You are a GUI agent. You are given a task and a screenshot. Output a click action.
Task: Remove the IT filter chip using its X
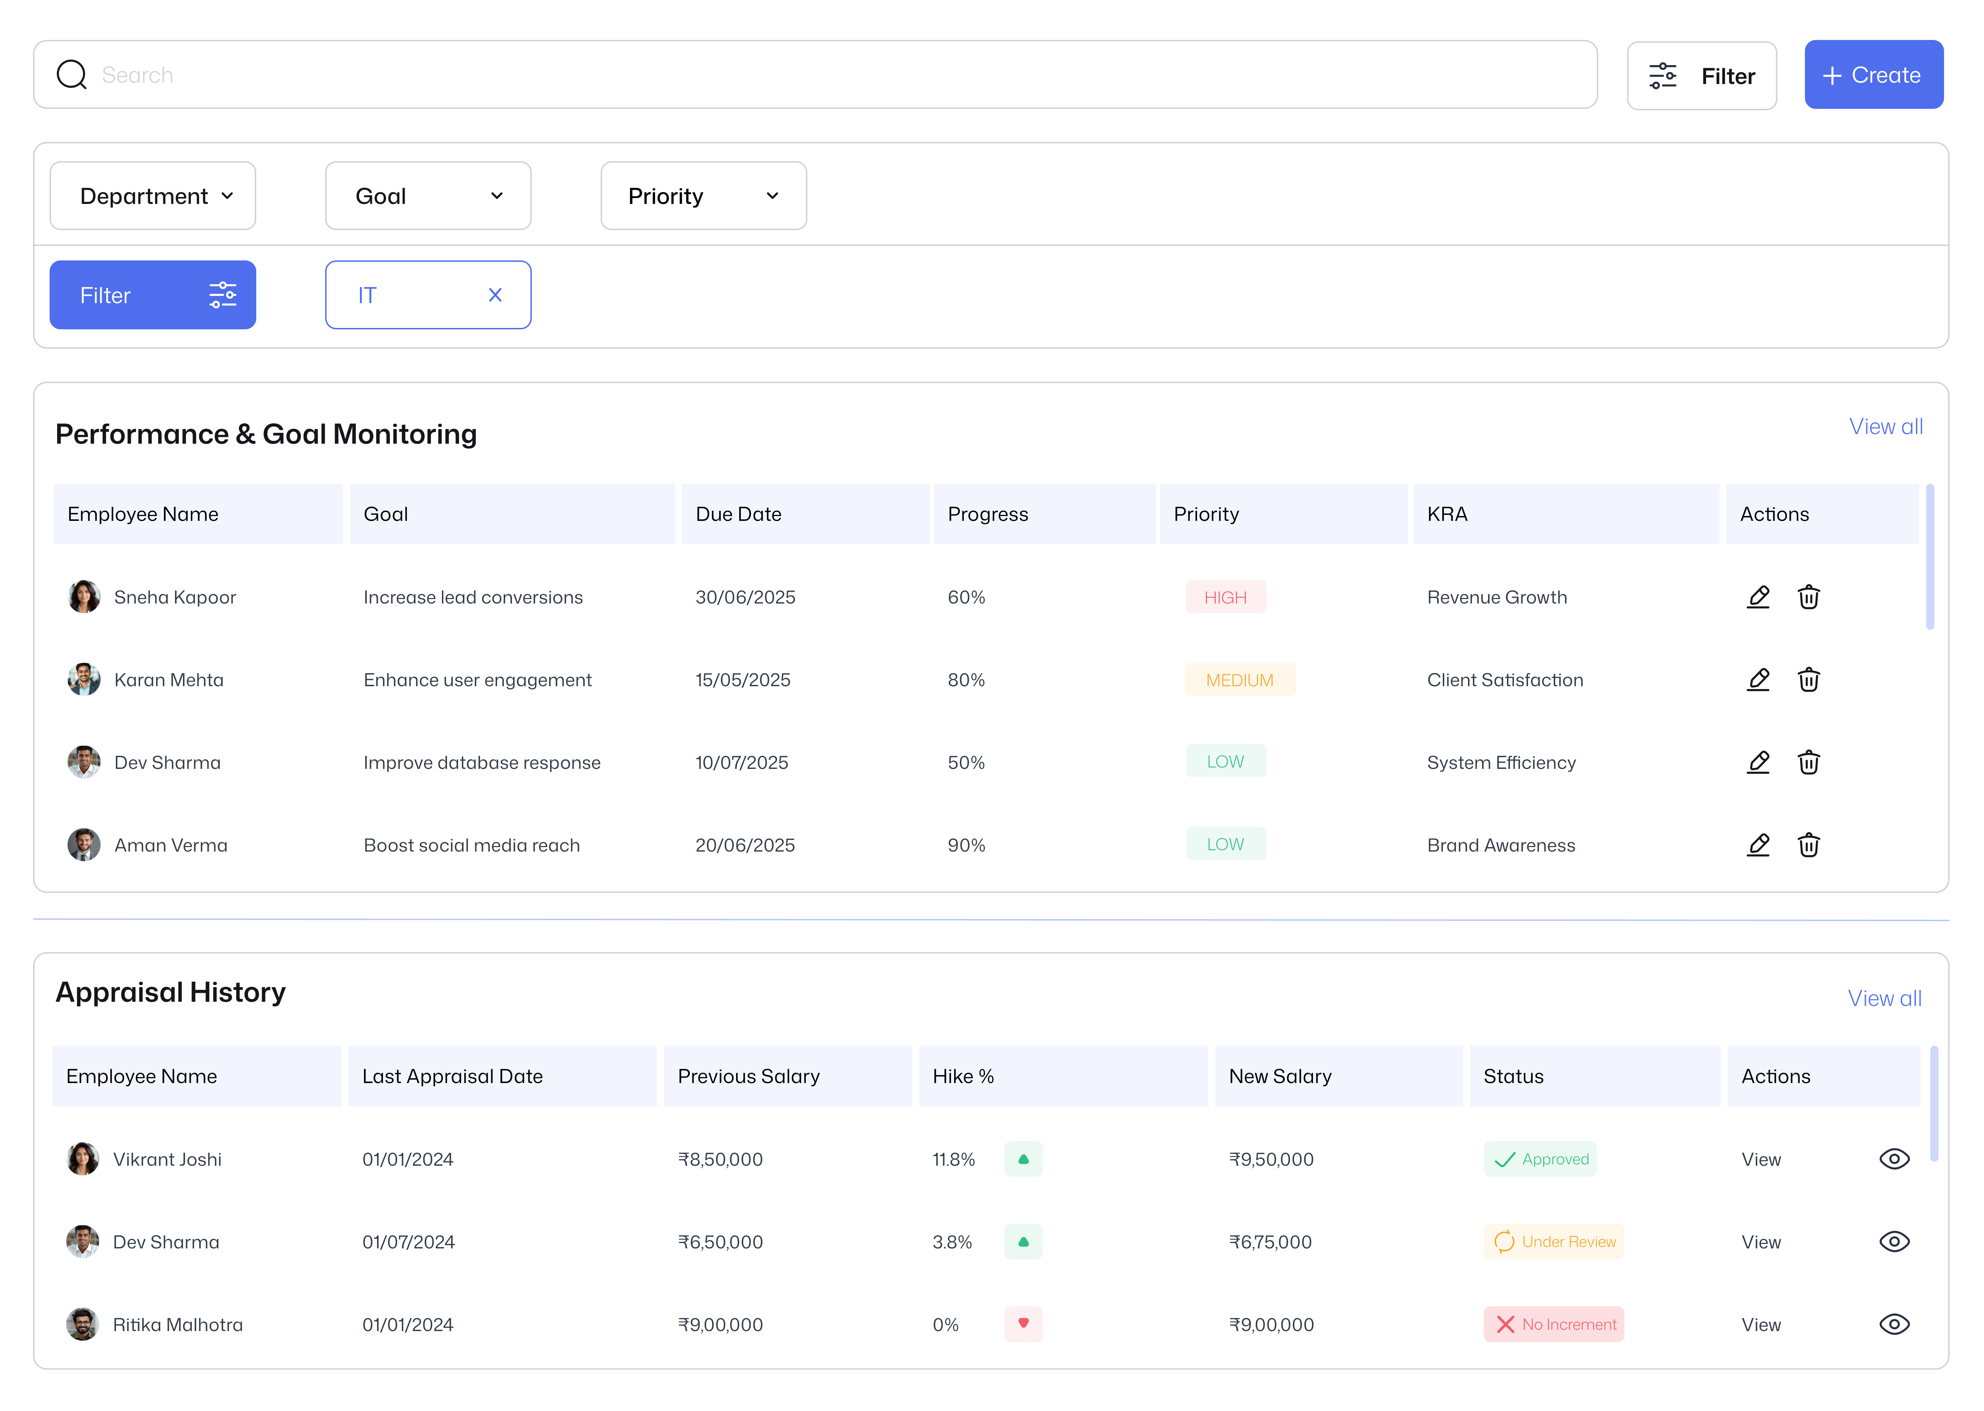[495, 296]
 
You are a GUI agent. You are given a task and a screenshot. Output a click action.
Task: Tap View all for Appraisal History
[1884, 998]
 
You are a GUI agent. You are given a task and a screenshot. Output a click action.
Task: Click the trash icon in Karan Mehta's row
[1809, 679]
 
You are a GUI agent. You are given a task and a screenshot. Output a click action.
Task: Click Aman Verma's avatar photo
[83, 845]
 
